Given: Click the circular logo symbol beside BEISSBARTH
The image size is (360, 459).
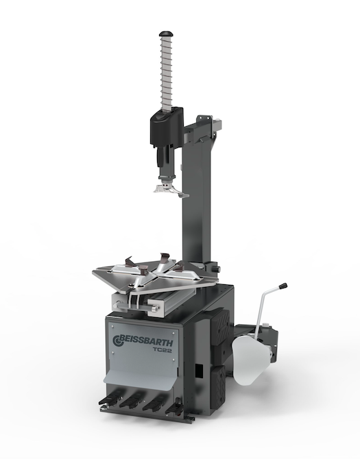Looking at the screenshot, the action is coord(117,340).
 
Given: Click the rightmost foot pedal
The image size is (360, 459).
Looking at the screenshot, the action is coord(175,405).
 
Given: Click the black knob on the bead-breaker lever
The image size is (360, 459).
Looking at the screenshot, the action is coord(283,286).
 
